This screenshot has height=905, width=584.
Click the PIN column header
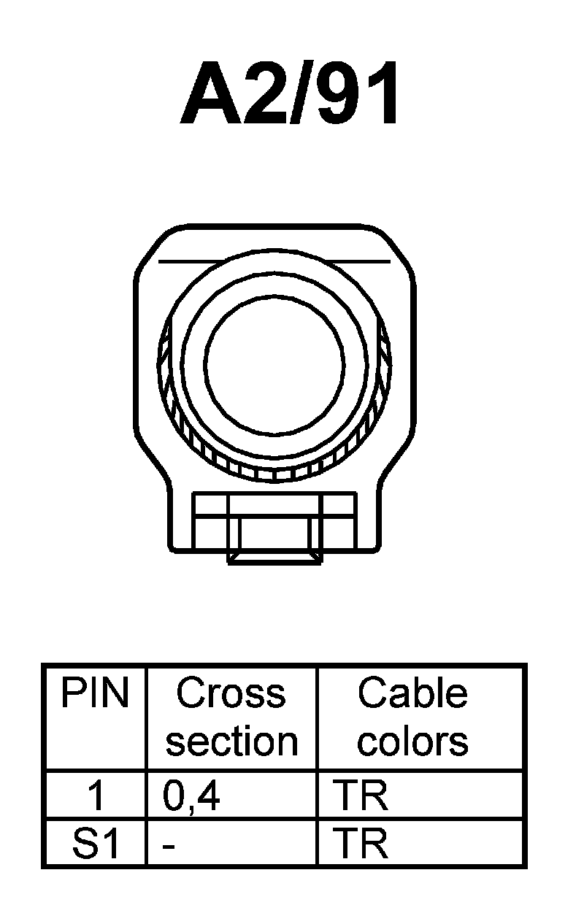pos(95,693)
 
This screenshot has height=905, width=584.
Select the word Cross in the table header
pos(231,693)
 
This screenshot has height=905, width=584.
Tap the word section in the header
pos(231,742)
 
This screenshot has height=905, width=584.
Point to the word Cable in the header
pos(412,693)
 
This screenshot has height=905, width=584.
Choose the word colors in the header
pos(412,742)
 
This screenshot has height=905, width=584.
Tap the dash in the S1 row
pos(169,847)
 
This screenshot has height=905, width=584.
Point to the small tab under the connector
pos(274,558)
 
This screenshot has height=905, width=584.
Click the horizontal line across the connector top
pos(274,260)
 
